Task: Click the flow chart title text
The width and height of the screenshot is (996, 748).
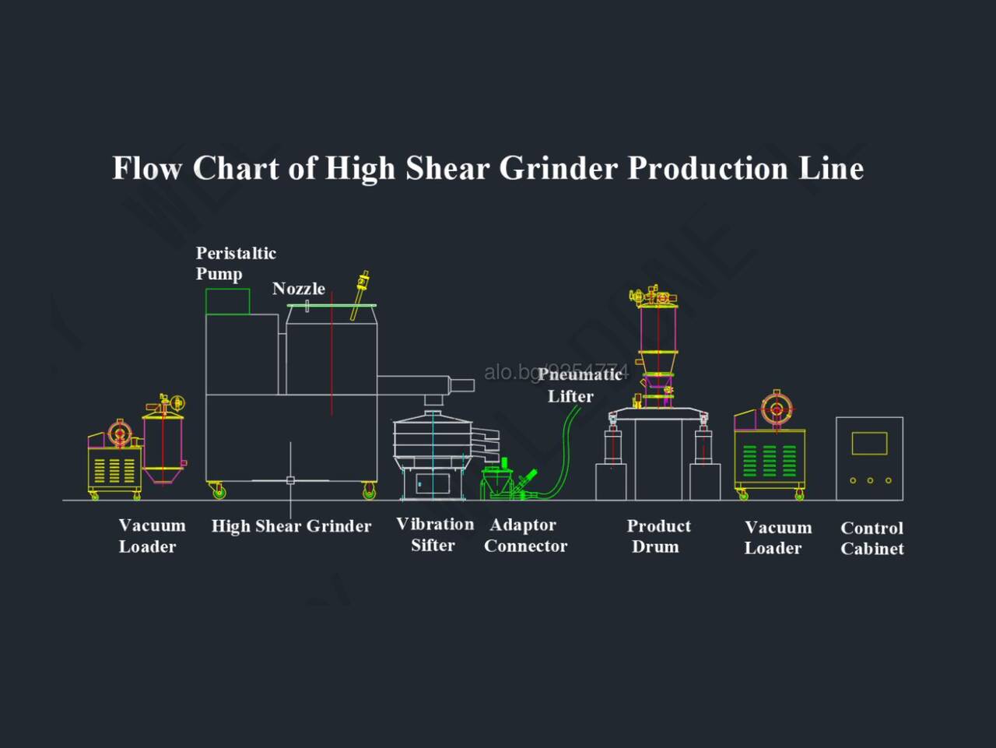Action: click(x=488, y=169)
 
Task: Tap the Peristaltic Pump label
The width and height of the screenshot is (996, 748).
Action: click(x=236, y=263)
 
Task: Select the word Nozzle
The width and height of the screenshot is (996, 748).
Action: click(x=299, y=289)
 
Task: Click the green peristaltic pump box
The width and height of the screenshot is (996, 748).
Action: click(x=227, y=301)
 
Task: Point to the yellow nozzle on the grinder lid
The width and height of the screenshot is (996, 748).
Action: click(x=359, y=294)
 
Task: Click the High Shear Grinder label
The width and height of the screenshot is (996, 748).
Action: click(x=291, y=526)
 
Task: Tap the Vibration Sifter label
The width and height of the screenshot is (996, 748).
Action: click(x=435, y=535)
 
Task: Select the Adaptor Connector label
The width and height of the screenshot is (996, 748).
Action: click(x=525, y=536)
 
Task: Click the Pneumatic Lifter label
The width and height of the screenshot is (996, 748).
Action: click(x=580, y=385)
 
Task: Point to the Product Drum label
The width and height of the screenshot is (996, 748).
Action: click(x=658, y=536)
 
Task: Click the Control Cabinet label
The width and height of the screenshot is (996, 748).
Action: click(x=871, y=539)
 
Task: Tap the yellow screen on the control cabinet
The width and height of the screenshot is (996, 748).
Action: click(x=869, y=443)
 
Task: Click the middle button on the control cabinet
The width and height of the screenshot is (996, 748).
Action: click(x=870, y=480)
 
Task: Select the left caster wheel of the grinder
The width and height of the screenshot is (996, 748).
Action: click(x=219, y=490)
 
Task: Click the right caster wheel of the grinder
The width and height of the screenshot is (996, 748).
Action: click(x=369, y=490)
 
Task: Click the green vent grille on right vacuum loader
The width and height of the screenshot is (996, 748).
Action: click(x=770, y=461)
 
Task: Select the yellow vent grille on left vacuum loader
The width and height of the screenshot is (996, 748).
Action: click(x=114, y=471)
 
